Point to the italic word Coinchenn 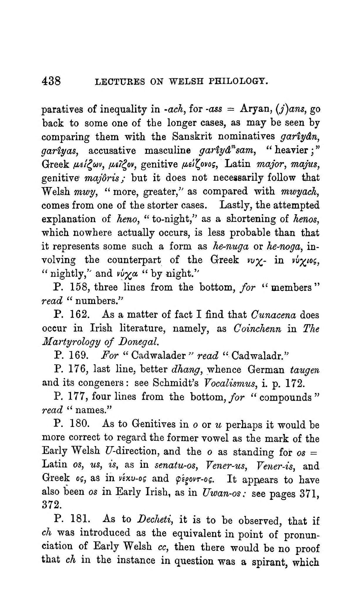coord(257,329)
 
